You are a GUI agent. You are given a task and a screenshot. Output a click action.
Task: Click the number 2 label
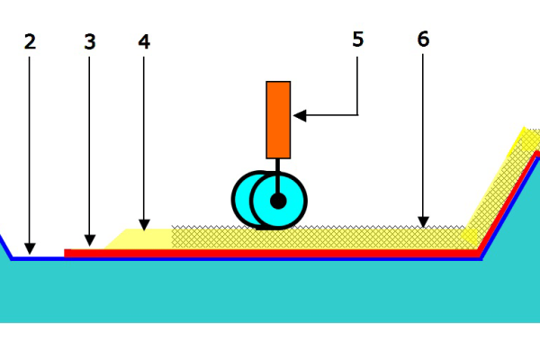tap(30, 41)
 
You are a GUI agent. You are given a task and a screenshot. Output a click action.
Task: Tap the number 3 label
tap(89, 41)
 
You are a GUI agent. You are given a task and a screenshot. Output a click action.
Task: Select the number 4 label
tap(144, 41)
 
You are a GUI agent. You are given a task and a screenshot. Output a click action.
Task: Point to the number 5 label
tap(357, 40)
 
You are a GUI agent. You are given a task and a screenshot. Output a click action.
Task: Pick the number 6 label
tap(424, 40)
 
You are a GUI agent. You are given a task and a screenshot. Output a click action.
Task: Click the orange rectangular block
tap(278, 119)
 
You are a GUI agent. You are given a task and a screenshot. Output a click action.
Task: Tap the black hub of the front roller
tap(278, 200)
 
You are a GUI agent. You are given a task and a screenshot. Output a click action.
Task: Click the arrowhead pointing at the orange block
tap(300, 115)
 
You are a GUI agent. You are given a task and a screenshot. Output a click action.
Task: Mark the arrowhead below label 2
tap(30, 247)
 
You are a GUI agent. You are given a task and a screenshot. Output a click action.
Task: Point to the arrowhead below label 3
tap(89, 240)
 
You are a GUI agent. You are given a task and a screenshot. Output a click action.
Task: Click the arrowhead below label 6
tap(424, 221)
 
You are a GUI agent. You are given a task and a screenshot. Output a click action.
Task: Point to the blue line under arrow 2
tap(36, 258)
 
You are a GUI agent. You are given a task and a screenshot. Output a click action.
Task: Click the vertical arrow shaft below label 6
tap(424, 135)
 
